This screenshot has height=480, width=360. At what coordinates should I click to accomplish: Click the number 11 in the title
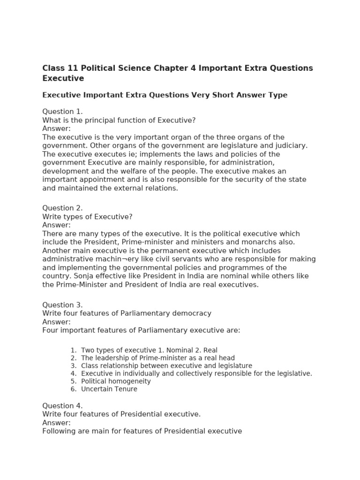[x=70, y=68]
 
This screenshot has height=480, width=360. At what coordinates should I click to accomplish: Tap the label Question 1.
[x=62, y=112]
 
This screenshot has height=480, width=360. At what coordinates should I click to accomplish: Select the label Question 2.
[x=62, y=208]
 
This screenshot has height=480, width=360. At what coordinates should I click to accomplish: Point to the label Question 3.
[x=62, y=305]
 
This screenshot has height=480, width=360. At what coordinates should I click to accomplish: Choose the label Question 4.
[x=62, y=406]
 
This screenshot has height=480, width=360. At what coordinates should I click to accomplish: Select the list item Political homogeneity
[x=116, y=382]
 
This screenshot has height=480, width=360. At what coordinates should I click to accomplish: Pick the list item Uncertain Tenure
[x=109, y=389]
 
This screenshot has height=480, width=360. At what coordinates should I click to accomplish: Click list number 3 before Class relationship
[x=73, y=366]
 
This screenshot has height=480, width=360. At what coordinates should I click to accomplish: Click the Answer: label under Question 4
[x=56, y=423]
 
